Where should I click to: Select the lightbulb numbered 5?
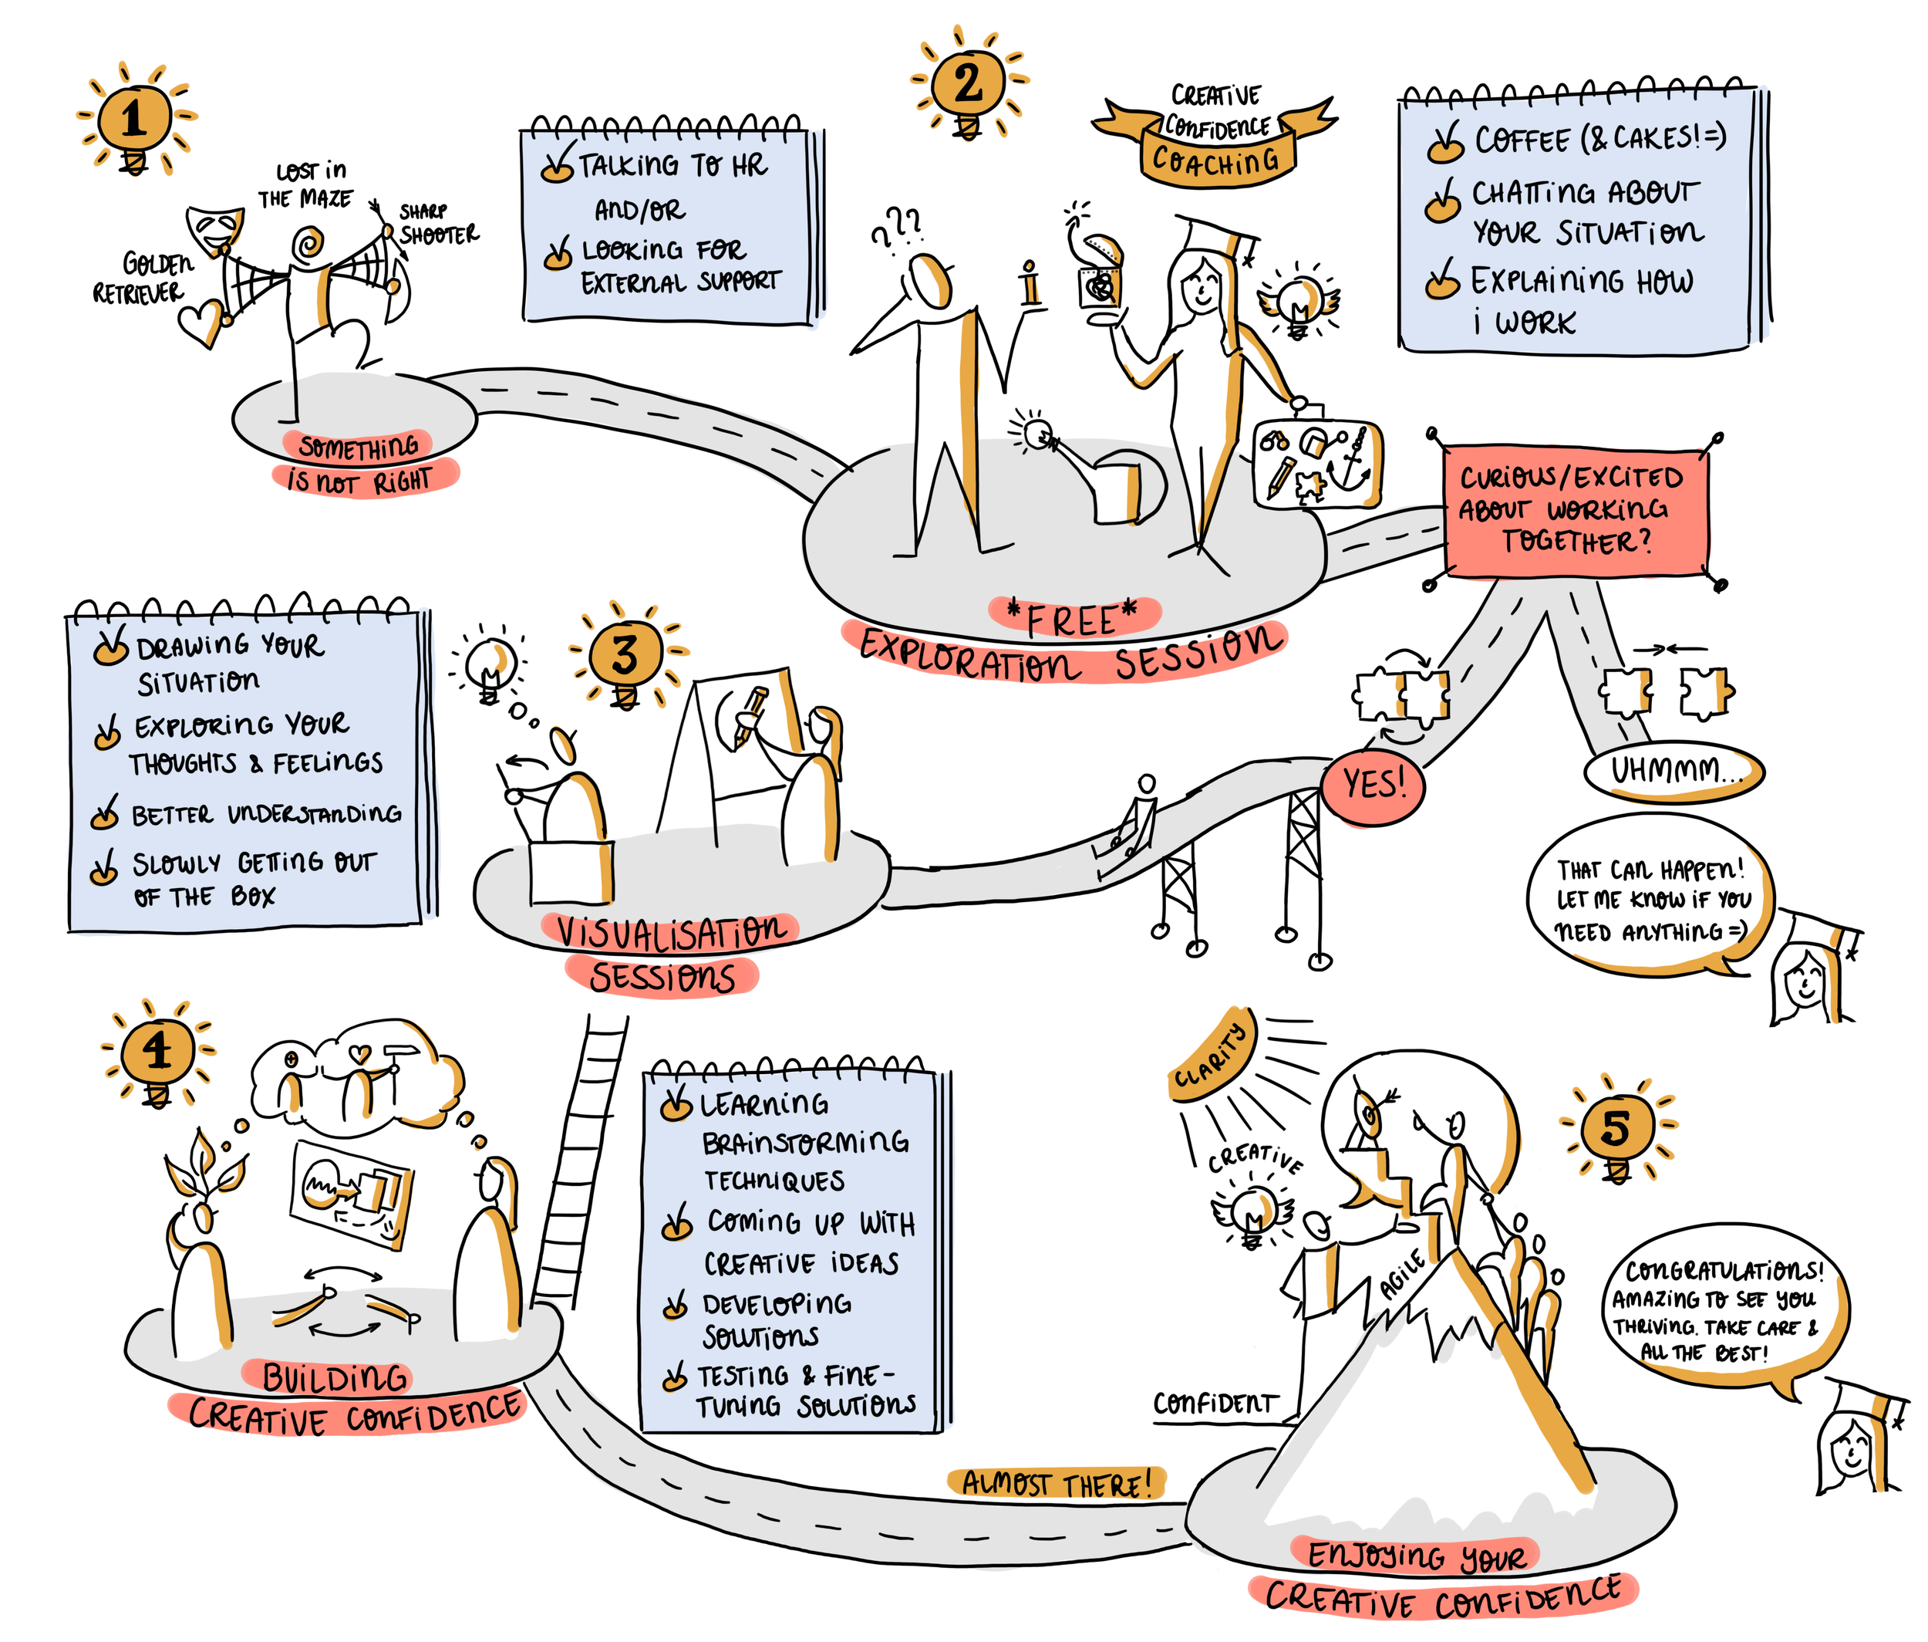[1616, 1128]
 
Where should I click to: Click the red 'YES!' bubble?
[1373, 785]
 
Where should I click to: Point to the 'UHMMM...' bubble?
[1672, 771]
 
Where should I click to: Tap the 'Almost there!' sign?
[1057, 1482]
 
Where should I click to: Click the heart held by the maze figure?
[201, 323]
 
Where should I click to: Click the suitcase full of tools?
[1316, 463]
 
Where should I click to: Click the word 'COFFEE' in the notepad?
[1522, 140]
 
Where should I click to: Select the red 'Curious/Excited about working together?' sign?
[1575, 509]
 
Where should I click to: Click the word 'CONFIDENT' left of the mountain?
[1215, 1403]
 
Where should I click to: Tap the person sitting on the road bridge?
[1135, 819]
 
